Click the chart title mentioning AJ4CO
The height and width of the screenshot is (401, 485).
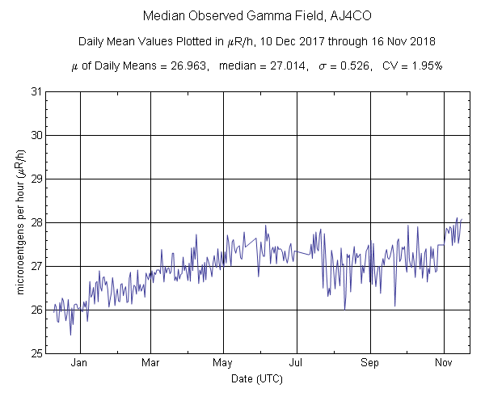pyautogui.click(x=256, y=16)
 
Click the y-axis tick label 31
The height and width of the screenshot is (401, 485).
pyautogui.click(x=36, y=91)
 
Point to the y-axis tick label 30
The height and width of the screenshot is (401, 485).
pyautogui.click(x=36, y=135)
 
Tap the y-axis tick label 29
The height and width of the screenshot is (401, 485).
pyautogui.click(x=36, y=179)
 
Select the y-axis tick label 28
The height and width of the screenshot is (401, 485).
pyautogui.click(x=36, y=222)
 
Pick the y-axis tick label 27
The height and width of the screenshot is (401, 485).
pyautogui.click(x=36, y=266)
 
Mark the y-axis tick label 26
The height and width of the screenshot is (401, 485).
pyautogui.click(x=36, y=310)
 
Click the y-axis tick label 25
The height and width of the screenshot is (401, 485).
pyautogui.click(x=36, y=353)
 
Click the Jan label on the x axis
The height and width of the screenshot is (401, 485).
pyautogui.click(x=79, y=363)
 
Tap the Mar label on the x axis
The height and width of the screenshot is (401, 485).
pyautogui.click(x=151, y=363)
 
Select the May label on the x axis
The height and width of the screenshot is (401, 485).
pyautogui.click(x=224, y=363)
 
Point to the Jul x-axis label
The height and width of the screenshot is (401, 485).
pyautogui.click(x=297, y=363)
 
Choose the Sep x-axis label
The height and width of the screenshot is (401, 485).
pyautogui.click(x=370, y=363)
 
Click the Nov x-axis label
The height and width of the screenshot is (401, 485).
pyautogui.click(x=443, y=363)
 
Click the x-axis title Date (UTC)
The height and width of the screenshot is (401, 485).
pyautogui.click(x=257, y=378)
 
